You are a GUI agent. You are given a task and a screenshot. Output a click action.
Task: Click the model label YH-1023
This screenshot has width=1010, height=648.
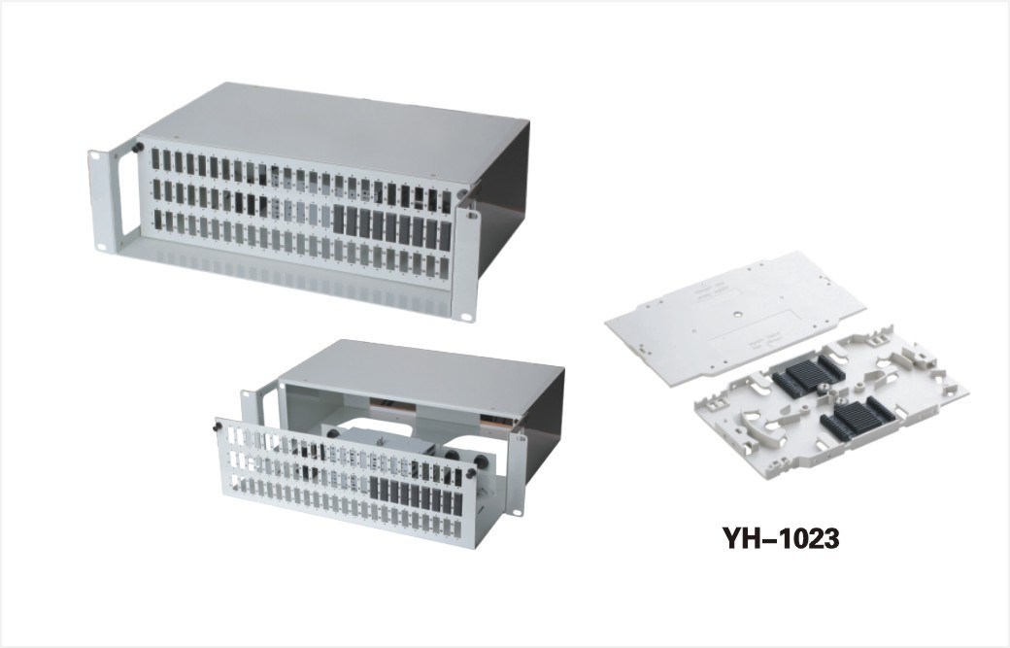(x=781, y=538)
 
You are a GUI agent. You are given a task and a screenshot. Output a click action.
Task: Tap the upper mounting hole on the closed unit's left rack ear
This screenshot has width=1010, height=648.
(x=95, y=155)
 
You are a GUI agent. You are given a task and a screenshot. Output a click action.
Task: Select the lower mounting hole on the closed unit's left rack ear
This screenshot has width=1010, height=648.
(x=102, y=246)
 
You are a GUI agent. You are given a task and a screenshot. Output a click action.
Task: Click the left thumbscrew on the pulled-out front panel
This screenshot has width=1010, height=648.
(x=218, y=427)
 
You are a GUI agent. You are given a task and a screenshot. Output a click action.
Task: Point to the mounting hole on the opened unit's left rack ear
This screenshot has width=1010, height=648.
(x=245, y=393)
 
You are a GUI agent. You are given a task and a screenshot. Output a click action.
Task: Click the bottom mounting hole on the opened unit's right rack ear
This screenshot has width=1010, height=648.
(x=518, y=513)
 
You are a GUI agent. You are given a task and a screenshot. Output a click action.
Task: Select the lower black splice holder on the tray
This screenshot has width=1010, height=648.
(x=852, y=419)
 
